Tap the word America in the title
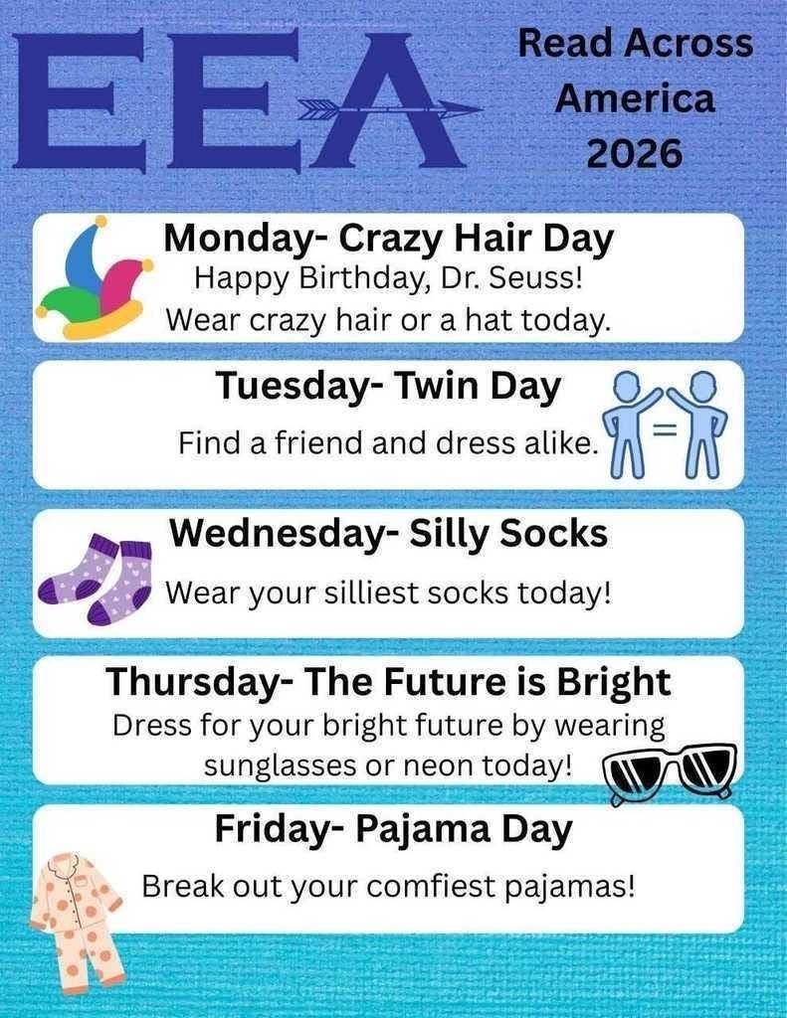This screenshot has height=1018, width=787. [635, 98]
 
